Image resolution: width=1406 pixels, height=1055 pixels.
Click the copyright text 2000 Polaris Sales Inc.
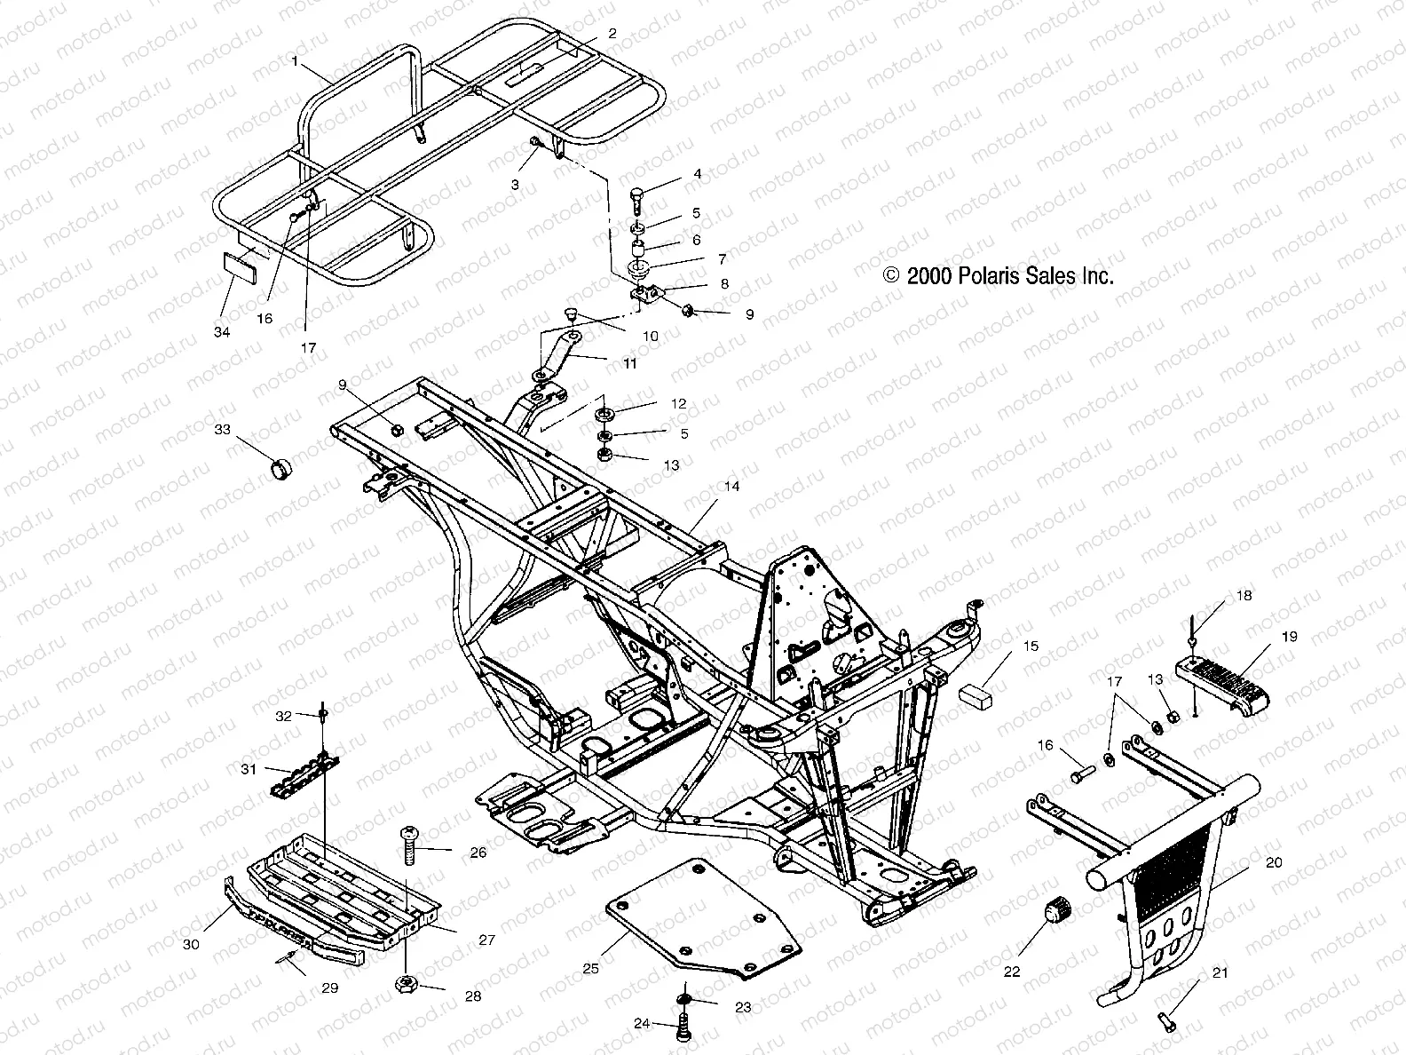click(999, 276)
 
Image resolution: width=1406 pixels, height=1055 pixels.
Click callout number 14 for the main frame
click(731, 487)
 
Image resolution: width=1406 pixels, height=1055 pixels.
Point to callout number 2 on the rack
click(612, 33)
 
